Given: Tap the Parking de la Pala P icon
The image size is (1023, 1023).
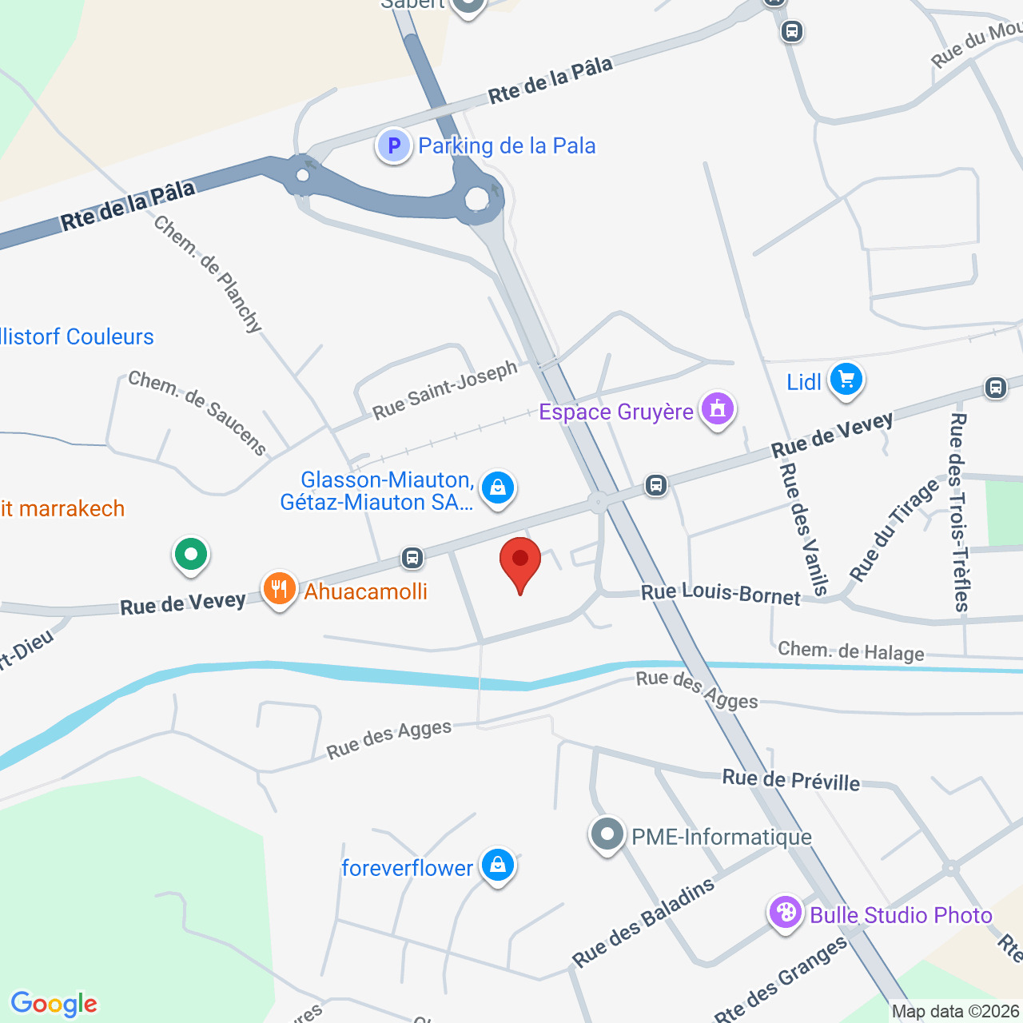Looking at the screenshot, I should [x=393, y=146].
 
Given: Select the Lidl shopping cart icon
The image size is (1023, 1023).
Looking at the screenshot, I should [x=846, y=380].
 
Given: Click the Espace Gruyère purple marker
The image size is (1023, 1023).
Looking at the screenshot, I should [x=717, y=410].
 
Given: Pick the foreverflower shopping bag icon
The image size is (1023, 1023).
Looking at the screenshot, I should [x=497, y=866].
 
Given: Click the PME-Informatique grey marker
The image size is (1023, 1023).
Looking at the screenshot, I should [x=607, y=835].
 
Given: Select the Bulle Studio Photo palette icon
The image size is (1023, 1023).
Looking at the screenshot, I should [x=785, y=913].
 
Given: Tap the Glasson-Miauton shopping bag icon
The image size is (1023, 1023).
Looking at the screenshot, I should [x=497, y=487].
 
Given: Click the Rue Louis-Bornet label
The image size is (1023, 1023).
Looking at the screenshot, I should [x=721, y=595].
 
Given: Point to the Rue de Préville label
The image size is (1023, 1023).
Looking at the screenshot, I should [x=791, y=780].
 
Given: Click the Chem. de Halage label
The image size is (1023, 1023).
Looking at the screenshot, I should [x=850, y=651].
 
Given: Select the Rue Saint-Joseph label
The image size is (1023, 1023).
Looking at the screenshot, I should [x=445, y=390].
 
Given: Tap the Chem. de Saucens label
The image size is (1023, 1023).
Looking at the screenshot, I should [x=197, y=412].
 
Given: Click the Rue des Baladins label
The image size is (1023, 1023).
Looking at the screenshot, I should [x=643, y=922].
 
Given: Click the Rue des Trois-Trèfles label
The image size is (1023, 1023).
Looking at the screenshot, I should [x=959, y=511].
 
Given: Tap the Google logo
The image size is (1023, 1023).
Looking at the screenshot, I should [x=54, y=1004].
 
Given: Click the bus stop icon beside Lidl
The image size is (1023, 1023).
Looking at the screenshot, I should [x=995, y=388].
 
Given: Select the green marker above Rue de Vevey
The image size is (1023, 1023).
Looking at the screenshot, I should [x=190, y=554].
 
